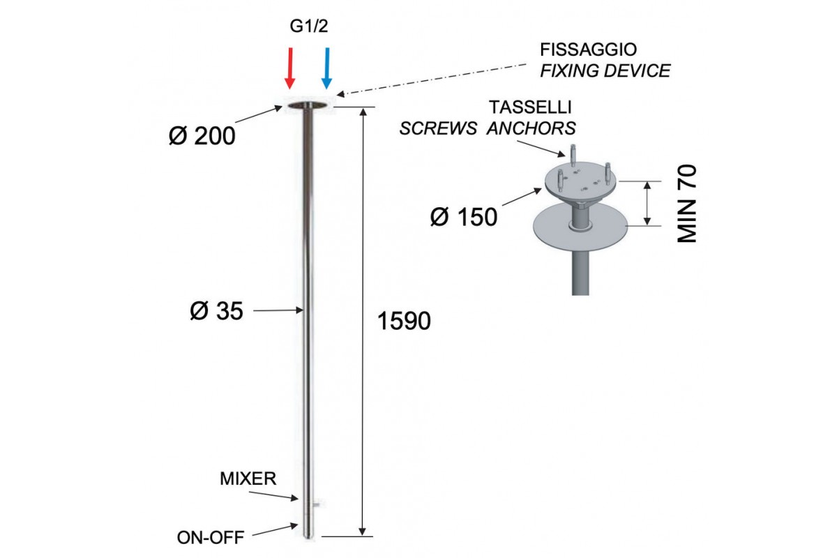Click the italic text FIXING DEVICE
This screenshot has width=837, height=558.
(x=605, y=70)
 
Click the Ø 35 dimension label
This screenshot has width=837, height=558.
(x=216, y=311)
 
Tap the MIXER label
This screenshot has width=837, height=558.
(x=248, y=479)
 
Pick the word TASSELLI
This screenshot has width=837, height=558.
(x=531, y=107)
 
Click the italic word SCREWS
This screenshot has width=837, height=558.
(x=438, y=128)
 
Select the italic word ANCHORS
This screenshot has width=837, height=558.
(x=532, y=128)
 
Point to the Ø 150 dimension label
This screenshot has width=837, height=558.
(x=464, y=217)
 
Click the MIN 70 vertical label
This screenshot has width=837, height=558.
(x=688, y=204)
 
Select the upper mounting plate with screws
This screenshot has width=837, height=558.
(x=578, y=181)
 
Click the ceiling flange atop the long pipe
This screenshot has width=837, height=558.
(x=308, y=106)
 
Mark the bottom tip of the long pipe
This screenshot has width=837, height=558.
(x=308, y=534)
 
